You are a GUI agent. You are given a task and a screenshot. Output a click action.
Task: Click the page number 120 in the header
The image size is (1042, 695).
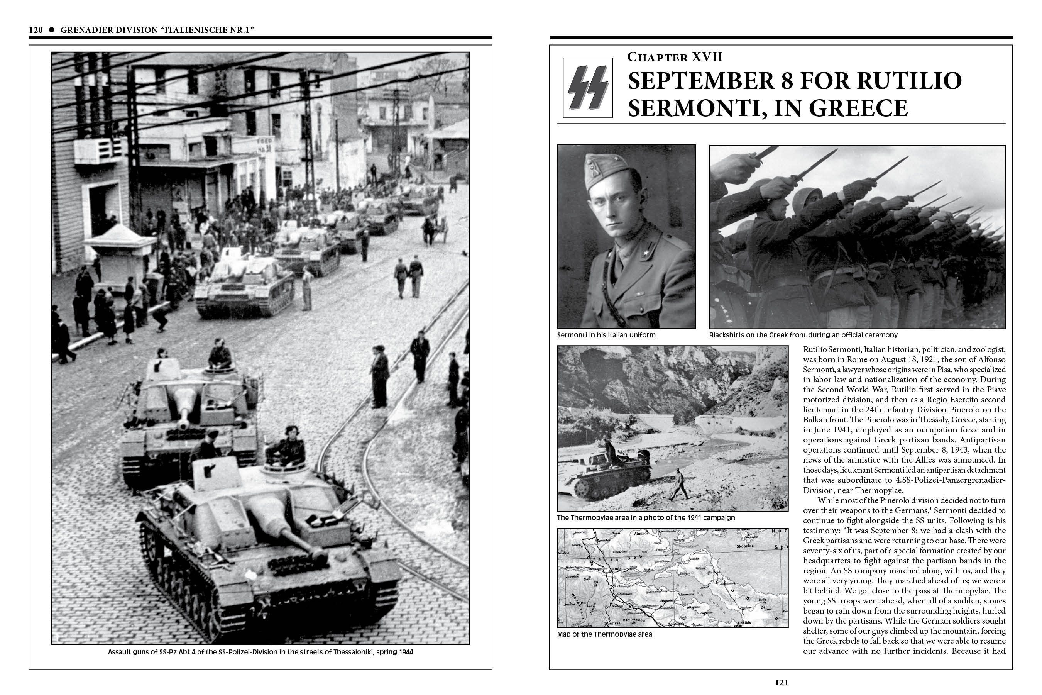(x=36, y=30)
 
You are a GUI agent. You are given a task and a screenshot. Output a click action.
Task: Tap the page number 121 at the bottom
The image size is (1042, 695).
(x=781, y=683)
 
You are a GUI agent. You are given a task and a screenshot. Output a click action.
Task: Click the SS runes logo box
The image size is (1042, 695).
(x=588, y=88)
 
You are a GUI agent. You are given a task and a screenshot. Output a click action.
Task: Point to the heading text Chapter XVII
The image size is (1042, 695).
(x=674, y=57)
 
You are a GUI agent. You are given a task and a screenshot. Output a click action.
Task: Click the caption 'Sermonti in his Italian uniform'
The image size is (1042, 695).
(x=606, y=335)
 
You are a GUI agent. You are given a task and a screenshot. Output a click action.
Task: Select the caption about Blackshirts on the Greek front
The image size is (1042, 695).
(x=803, y=335)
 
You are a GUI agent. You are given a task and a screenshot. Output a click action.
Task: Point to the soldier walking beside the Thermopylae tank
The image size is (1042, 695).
(x=679, y=485)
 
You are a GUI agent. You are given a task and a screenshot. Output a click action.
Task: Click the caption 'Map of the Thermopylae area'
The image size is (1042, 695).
(x=604, y=634)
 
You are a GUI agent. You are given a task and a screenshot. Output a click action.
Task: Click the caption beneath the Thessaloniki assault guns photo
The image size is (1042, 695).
(x=260, y=652)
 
